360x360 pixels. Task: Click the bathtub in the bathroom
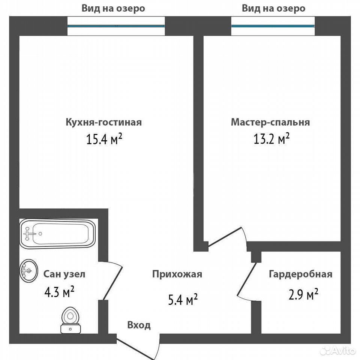[x=57, y=234]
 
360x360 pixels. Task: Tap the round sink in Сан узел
[x=28, y=271]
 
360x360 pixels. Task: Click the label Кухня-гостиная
[x=103, y=122]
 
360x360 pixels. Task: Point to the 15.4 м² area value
[x=104, y=139]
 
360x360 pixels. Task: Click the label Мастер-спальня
[x=270, y=122]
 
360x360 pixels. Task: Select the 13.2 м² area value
[x=271, y=139]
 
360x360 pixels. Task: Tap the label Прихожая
[x=177, y=274]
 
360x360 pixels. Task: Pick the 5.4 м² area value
[x=183, y=299]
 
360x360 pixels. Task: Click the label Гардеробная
[x=300, y=274]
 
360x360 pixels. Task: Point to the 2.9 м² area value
[x=303, y=295]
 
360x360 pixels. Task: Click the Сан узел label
[x=64, y=274]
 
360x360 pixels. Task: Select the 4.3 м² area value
[x=59, y=292]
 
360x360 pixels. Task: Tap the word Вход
[x=139, y=325]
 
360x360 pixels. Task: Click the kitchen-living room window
[x=116, y=26]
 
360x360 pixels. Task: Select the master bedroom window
[x=273, y=26]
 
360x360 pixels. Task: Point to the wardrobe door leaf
[x=247, y=279]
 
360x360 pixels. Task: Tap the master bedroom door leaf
[x=225, y=237]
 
